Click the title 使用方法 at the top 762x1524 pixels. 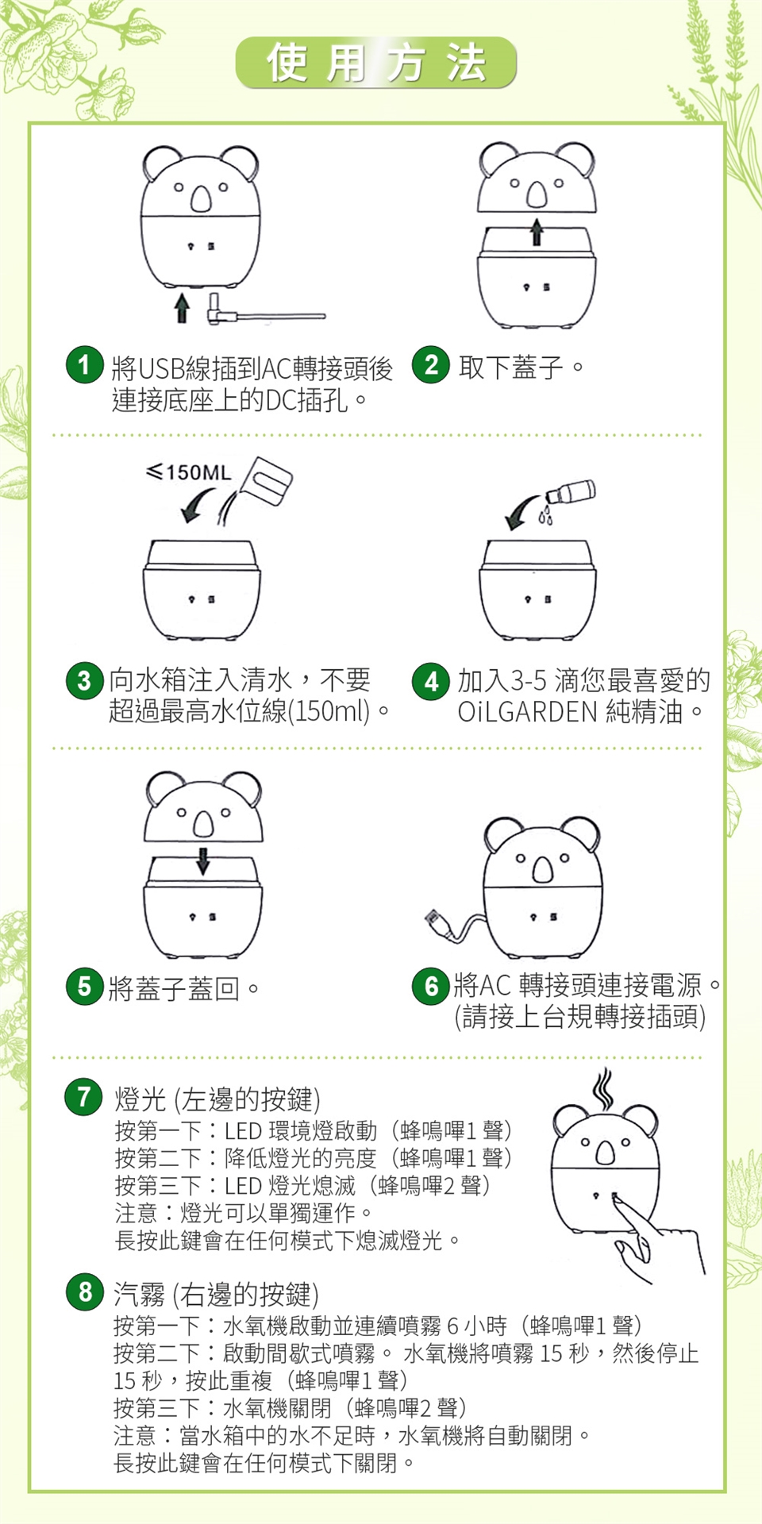point(376,63)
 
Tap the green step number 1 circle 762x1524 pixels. point(85,365)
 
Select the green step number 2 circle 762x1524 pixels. point(431,365)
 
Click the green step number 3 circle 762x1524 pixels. point(85,681)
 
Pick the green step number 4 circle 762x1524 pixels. point(431,681)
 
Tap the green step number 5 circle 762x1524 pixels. point(85,987)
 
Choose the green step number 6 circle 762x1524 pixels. point(431,987)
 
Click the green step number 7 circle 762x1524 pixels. point(84,1097)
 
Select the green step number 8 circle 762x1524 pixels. point(85,1292)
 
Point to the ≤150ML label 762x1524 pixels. point(189,472)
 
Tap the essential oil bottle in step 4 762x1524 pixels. point(569,494)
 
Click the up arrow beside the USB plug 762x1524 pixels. point(182,306)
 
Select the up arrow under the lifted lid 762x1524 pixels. point(537,232)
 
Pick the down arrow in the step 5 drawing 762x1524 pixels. point(203,860)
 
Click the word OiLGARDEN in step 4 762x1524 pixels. point(527,712)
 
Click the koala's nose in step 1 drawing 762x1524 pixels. point(201,199)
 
